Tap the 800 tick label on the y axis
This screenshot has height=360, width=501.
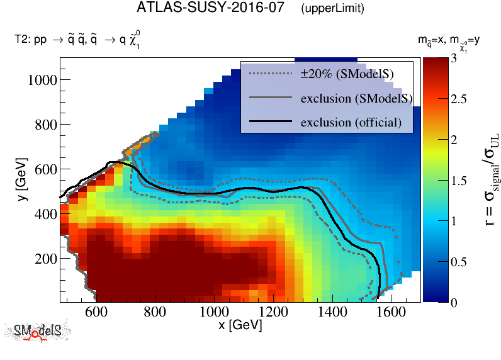tap(46, 125)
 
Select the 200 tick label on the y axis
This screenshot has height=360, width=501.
tap(46, 259)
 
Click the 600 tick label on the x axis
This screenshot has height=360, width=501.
tap(94, 312)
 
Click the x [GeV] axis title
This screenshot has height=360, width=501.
tap(240, 325)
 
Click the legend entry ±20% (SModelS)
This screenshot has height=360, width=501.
tap(347, 74)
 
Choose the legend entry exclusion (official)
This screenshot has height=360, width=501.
tap(351, 121)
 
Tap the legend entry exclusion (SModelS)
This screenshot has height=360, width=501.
tap(356, 98)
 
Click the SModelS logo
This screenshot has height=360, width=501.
tap(38, 332)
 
